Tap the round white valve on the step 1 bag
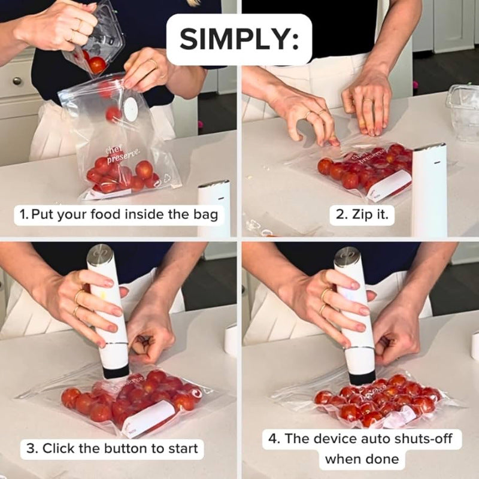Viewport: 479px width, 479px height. [x=130, y=109]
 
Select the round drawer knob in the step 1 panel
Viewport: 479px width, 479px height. [x=16, y=81]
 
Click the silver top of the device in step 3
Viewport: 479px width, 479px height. [x=99, y=256]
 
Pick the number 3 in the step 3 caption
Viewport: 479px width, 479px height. [x=30, y=448]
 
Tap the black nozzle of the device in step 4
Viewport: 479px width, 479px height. [x=362, y=377]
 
